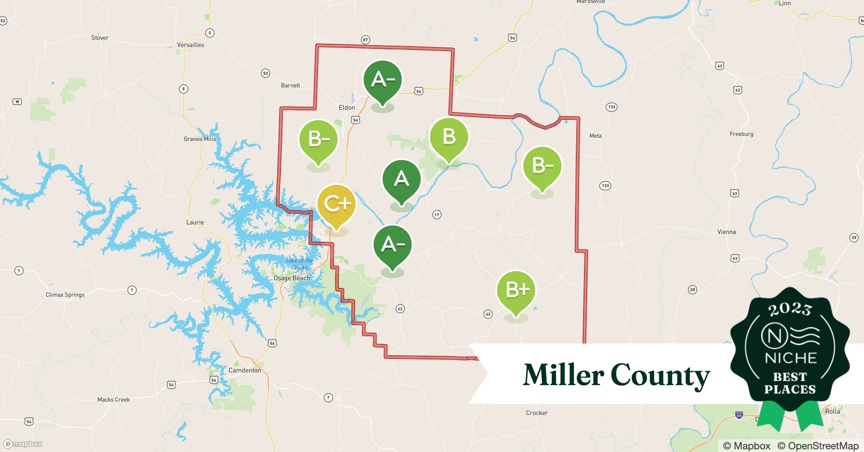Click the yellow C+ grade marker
[337, 205]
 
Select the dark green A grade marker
[401, 179]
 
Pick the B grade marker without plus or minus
[449, 137]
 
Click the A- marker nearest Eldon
[383, 80]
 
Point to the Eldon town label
[347, 108]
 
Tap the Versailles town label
[190, 45]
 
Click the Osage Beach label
[292, 278]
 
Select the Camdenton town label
[244, 370]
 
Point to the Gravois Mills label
[200, 139]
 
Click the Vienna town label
[726, 232]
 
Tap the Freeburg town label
[741, 134]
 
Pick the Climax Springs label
[65, 295]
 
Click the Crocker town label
[536, 413]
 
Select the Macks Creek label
[114, 400]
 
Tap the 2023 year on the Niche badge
[790, 309]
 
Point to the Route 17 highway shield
[437, 215]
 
